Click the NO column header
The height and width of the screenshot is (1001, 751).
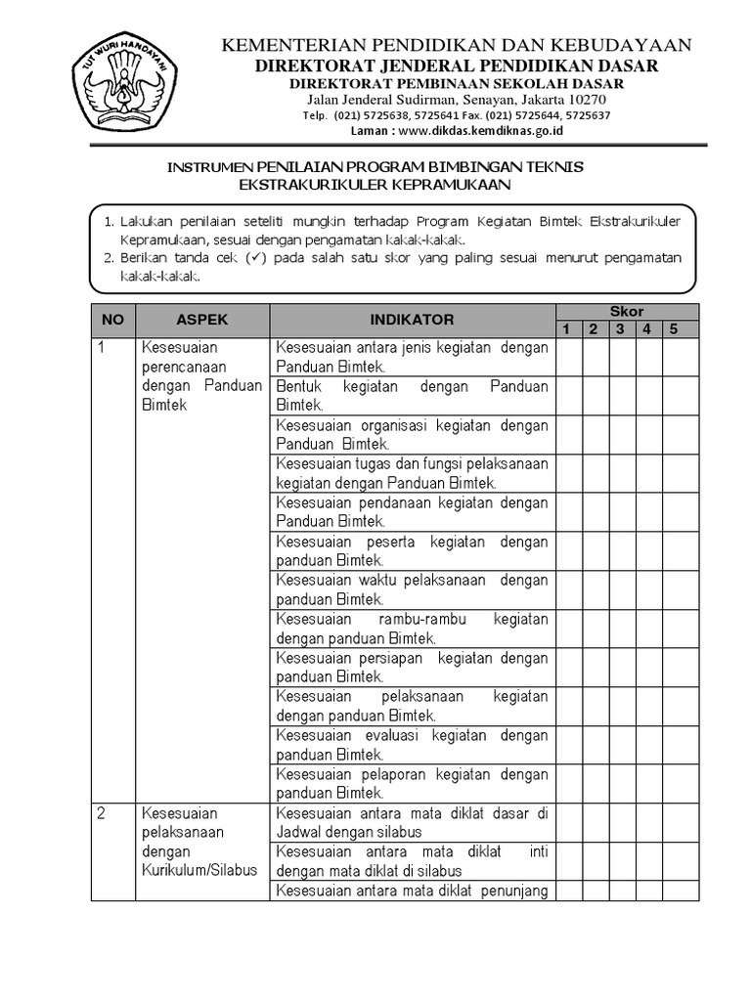point(113,320)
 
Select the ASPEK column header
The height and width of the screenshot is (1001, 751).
point(202,320)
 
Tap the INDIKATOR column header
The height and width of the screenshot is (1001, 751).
point(412,320)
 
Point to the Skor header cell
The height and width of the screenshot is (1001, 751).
point(627,311)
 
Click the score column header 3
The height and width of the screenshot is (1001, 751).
point(620,328)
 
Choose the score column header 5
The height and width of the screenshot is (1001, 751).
point(673,328)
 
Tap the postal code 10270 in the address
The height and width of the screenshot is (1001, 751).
point(586,100)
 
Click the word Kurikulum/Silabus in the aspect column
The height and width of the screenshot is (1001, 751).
point(199,870)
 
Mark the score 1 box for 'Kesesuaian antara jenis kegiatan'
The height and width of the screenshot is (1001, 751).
point(568,358)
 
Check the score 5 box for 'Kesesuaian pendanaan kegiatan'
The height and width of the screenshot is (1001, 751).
point(681,512)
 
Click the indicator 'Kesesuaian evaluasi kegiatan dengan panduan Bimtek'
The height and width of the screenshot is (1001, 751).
point(412,745)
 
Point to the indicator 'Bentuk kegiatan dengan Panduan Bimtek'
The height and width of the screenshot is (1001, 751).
point(412,396)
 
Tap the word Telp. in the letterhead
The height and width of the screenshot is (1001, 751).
point(315,115)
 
